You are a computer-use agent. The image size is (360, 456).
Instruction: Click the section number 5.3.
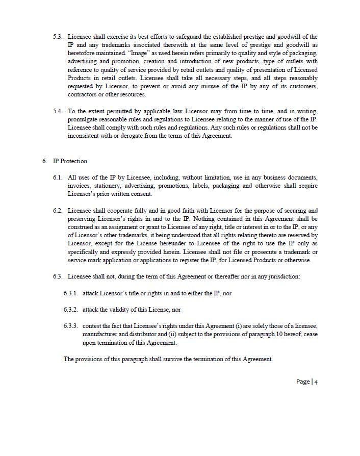pyautogui.click(x=58, y=37)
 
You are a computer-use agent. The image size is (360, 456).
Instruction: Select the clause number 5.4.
pyautogui.click(x=58, y=111)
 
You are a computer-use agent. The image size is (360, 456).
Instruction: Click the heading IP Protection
pyautogui.click(x=71, y=161)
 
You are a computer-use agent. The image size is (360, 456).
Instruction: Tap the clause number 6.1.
pyautogui.click(x=58, y=178)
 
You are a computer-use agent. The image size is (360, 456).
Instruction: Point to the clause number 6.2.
pyautogui.click(x=58, y=211)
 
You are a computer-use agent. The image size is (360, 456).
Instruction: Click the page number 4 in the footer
pyautogui.click(x=316, y=382)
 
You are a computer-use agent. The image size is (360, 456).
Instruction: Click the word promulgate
pyautogui.click(x=83, y=119)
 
